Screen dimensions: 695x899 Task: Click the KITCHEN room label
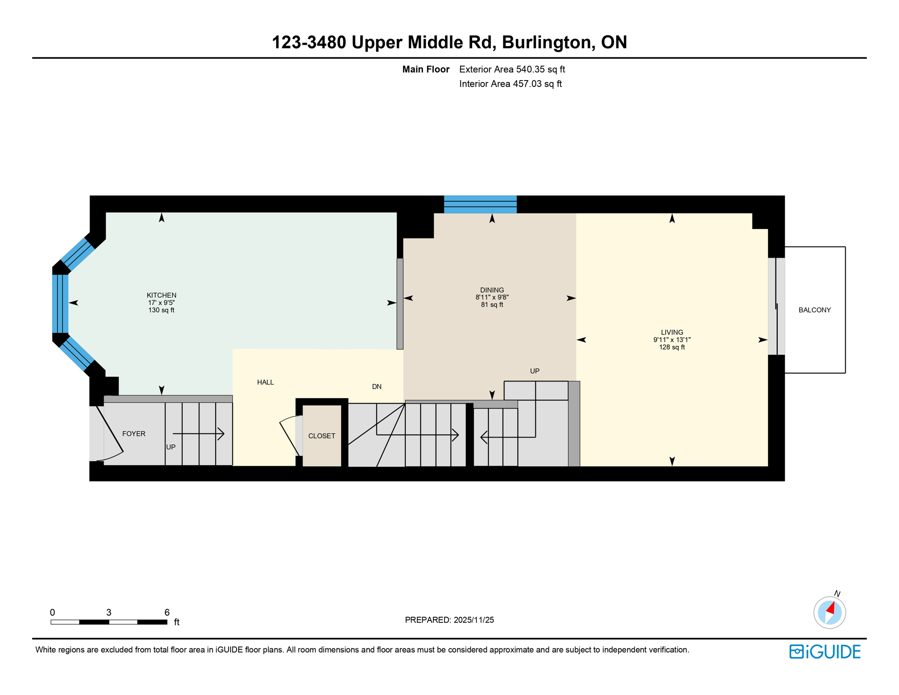(161, 295)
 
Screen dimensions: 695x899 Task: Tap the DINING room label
(492, 290)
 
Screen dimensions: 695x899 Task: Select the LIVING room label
(672, 332)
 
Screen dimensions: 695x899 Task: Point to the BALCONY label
(814, 310)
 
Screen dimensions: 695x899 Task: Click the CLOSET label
(322, 436)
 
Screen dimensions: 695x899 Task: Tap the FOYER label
(134, 433)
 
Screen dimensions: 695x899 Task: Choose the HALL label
(265, 382)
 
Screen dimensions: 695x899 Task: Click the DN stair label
(377, 386)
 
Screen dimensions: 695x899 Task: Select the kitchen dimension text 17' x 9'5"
(161, 303)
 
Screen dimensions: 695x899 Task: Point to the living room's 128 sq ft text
(672, 347)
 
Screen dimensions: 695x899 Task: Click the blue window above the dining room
(480, 204)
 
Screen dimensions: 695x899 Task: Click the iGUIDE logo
(825, 652)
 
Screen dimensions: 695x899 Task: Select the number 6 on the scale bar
(167, 612)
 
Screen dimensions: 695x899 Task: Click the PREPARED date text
(449, 620)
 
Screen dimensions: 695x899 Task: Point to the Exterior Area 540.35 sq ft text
(512, 69)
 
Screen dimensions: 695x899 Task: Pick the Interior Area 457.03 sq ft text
(510, 84)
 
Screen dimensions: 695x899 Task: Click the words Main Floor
(426, 69)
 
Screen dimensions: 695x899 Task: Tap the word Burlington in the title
(546, 42)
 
